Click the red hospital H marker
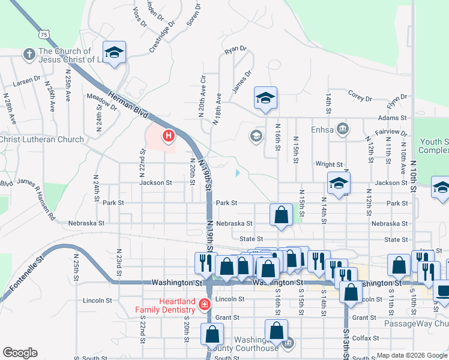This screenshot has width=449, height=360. (168, 137)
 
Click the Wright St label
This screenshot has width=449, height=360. (329, 164)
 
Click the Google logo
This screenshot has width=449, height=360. (20, 353)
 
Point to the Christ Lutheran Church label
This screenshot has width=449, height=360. (42, 139)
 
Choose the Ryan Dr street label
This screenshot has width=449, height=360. (235, 49)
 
